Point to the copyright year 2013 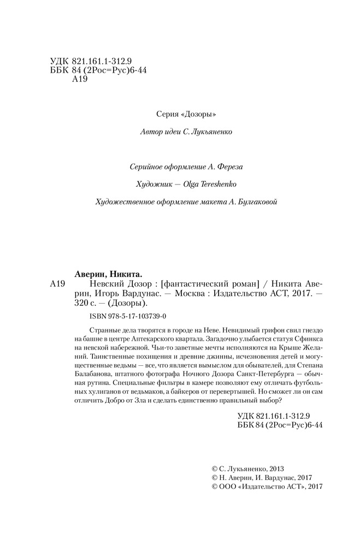pyautogui.click(x=274, y=468)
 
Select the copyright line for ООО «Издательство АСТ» pyautogui.click(x=267, y=487)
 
